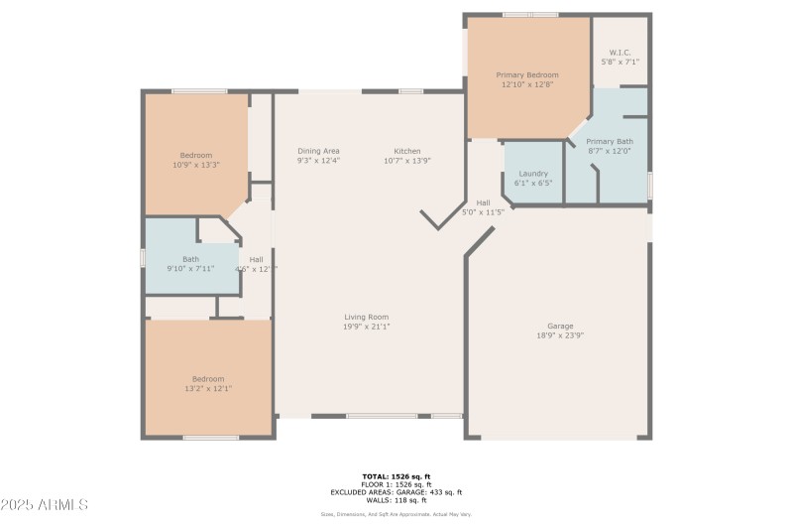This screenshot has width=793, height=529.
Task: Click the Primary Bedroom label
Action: coord(527,74)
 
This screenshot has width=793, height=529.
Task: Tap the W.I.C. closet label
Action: coord(620,52)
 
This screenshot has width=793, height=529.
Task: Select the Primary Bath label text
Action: coord(610,141)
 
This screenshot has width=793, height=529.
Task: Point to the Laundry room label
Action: coord(533,173)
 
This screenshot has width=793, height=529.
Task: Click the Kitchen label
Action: coord(407,151)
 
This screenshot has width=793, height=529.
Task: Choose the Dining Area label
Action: coord(318,151)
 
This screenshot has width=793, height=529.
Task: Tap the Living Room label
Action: coord(366,317)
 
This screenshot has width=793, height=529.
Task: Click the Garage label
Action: coord(560,326)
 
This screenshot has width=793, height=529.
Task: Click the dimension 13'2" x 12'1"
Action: coord(208,388)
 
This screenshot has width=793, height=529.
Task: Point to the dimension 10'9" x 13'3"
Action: coord(196,165)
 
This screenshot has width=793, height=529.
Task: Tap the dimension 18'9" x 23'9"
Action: coord(560,335)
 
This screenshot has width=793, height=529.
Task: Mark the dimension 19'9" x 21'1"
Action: coord(366,327)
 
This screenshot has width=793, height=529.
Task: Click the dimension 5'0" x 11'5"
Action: coord(484,211)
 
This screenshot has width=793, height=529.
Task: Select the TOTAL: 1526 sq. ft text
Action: coord(396,476)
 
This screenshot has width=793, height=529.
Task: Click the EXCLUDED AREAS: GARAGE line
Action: coord(396,492)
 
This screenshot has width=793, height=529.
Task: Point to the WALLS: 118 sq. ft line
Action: coord(396,500)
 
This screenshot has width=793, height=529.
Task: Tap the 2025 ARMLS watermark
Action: coord(45,505)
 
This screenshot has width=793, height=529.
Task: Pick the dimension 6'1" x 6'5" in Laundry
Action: coord(533,183)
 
